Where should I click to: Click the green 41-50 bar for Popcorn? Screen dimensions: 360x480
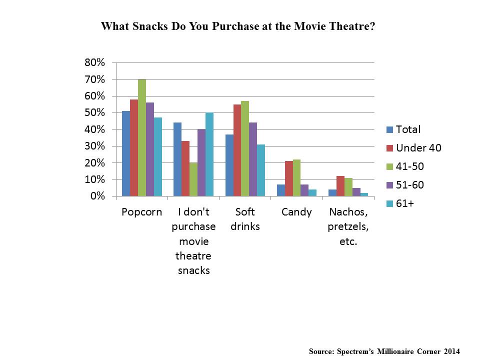(x=142, y=137)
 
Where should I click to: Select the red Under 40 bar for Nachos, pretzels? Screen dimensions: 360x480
(x=340, y=186)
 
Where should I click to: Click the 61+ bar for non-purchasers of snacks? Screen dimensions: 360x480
(x=209, y=154)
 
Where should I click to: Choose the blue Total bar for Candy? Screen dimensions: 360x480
(x=281, y=190)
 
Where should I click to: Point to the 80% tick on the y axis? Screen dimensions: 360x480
(x=95, y=62)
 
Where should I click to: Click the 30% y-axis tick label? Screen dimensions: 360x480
(x=95, y=146)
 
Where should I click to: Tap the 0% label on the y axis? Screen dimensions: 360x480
(x=97, y=196)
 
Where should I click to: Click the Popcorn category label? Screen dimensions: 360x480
(x=142, y=212)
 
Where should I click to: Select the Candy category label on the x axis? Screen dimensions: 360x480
(x=296, y=212)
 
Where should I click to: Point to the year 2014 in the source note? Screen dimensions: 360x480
(x=449, y=351)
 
